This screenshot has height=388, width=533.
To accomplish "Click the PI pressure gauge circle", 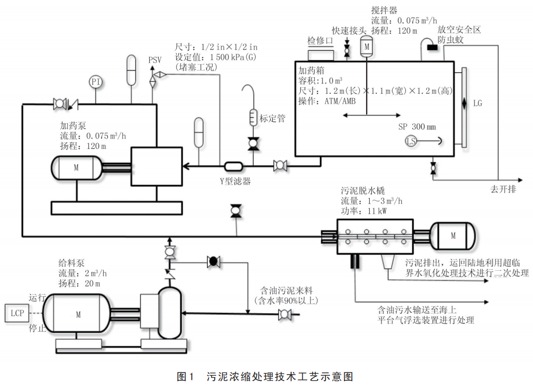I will [95, 81].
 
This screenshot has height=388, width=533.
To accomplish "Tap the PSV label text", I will [155, 60].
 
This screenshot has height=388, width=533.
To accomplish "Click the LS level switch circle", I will [411, 141].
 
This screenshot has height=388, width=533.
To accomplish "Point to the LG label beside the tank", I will [478, 103].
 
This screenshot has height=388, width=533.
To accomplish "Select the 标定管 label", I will [272, 118].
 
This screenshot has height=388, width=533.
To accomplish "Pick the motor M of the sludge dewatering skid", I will [453, 235].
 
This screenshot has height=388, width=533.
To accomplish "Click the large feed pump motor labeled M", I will [78, 314].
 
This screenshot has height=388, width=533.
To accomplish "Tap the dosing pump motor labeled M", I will [76, 167].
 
